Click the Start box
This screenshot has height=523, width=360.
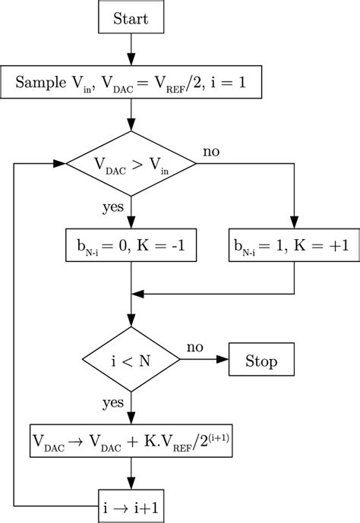(x=131, y=18)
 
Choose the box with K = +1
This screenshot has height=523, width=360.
(x=294, y=247)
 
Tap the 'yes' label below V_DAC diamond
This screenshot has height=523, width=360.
(x=114, y=207)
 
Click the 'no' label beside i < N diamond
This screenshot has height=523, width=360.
(x=195, y=347)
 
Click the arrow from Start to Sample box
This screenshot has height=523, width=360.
(x=131, y=52)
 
